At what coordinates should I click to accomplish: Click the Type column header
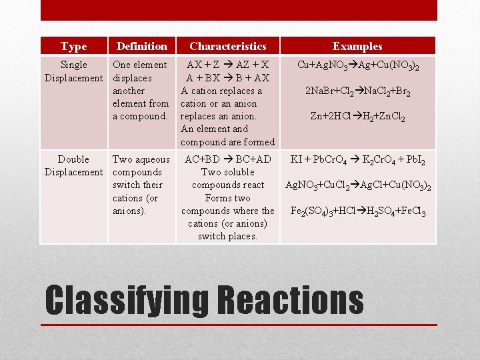click(73, 46)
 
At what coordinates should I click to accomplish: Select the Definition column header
click(141, 46)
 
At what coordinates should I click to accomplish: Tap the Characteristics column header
click(227, 46)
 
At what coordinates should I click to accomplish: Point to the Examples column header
click(357, 46)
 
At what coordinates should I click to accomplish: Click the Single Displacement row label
click(73, 71)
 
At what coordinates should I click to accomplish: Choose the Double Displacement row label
click(73, 166)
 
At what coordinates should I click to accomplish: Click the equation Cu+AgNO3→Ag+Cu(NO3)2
click(357, 65)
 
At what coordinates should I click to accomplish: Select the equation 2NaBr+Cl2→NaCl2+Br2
click(357, 91)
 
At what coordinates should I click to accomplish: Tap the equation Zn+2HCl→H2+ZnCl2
click(357, 117)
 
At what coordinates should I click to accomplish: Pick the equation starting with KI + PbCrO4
click(357, 160)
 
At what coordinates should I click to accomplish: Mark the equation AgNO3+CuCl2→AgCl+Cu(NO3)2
click(357, 186)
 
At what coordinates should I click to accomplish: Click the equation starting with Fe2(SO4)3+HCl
click(357, 212)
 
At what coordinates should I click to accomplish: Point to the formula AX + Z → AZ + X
click(227, 65)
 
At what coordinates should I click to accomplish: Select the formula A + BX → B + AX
click(227, 78)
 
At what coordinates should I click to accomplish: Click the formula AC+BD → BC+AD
click(227, 159)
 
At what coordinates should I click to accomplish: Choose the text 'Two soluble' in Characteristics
click(227, 172)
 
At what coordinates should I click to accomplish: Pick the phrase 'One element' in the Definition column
click(140, 65)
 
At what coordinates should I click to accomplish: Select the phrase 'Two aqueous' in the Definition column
click(141, 159)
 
